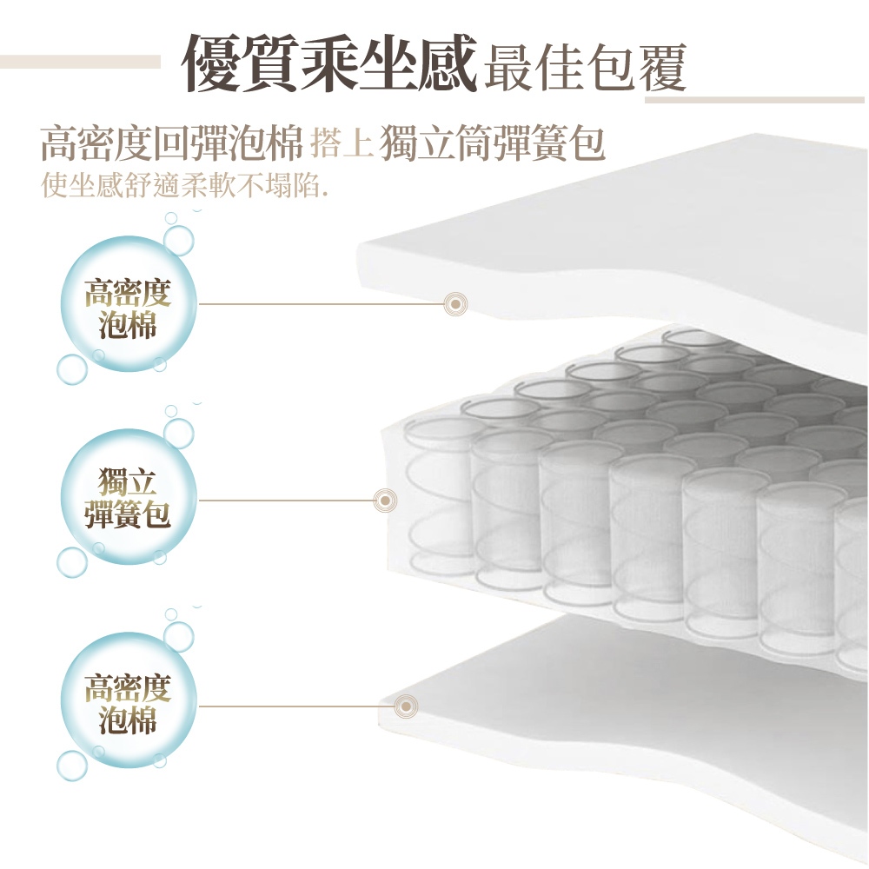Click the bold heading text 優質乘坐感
(329, 62)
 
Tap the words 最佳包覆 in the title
(585, 68)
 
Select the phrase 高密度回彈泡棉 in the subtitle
(172, 143)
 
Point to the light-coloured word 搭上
(341, 143)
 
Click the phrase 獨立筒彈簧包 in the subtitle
(492, 143)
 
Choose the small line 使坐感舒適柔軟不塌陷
(184, 184)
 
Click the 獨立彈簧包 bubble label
(128, 497)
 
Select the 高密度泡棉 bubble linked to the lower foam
(128, 703)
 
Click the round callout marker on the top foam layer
(455, 304)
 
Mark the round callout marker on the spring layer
(385, 501)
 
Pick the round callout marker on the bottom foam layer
(406, 706)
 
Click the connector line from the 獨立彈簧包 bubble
(286, 501)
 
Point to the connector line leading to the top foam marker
(322, 304)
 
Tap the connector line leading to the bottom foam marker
(296, 706)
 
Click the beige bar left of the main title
(80, 62)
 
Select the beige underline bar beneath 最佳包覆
(754, 100)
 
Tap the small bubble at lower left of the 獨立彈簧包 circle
(72, 562)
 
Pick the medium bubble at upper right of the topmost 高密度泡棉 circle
(178, 241)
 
